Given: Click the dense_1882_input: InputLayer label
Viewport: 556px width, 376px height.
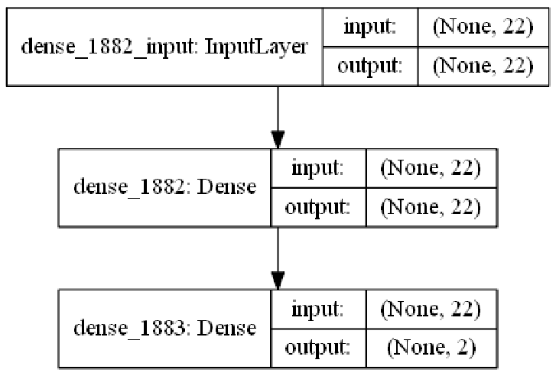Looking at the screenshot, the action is pyautogui.click(x=164, y=47).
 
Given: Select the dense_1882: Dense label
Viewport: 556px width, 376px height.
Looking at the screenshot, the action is pyautogui.click(x=164, y=186).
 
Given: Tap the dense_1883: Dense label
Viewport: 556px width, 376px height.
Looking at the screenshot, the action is pyautogui.click(x=164, y=328).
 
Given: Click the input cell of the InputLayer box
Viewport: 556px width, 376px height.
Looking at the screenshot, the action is pyautogui.click(x=370, y=27).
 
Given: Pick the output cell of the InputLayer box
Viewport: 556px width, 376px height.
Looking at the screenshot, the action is pyautogui.click(x=370, y=66).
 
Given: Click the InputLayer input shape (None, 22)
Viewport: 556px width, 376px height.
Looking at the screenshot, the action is pyautogui.click(x=483, y=27).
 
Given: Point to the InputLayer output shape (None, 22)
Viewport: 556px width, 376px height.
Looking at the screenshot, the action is pyautogui.click(x=483, y=66).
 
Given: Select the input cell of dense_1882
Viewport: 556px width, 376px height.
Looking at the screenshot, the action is pyautogui.click(x=317, y=167).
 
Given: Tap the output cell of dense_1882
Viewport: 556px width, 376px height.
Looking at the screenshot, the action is pyautogui.click(x=317, y=207).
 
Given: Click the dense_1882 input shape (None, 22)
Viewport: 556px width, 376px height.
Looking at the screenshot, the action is pyautogui.click(x=431, y=167).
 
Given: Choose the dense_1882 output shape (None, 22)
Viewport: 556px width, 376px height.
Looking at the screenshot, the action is pyautogui.click(x=431, y=207).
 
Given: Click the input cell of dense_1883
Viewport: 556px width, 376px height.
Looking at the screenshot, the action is pyautogui.click(x=317, y=309).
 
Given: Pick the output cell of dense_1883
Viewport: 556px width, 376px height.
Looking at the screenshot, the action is pyautogui.click(x=317, y=348).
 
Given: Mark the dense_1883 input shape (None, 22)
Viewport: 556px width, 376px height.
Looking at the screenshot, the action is pyautogui.click(x=431, y=309).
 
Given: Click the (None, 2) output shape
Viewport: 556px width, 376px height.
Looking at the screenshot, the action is pyautogui.click(x=431, y=348).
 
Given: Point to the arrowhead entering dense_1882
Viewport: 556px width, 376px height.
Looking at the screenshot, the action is pyautogui.click(x=278, y=140).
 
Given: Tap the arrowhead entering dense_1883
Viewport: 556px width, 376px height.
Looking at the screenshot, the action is pyautogui.click(x=278, y=280).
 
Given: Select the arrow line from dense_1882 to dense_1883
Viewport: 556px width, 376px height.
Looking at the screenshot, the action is pyautogui.click(x=278, y=250).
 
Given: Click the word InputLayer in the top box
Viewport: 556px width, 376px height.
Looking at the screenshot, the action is pyautogui.click(x=256, y=47).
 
